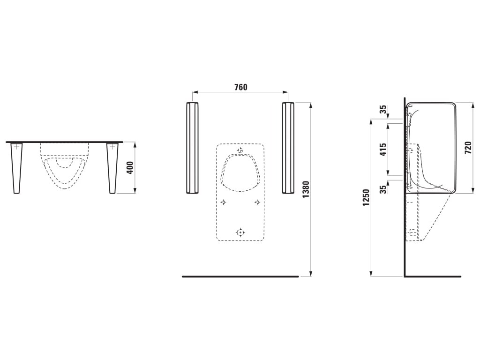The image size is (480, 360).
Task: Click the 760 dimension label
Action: (240, 87)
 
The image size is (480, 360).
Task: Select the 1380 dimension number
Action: (306, 189)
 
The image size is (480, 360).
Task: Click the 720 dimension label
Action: (467, 147)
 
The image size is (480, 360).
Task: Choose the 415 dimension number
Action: (383, 150)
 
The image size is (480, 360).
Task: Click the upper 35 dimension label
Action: (383, 110)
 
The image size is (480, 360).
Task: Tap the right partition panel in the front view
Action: (288, 148)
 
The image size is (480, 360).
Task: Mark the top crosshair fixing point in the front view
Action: (240, 150)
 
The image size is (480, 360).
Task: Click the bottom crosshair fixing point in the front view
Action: (240, 232)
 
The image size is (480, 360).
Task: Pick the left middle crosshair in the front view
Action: (223, 202)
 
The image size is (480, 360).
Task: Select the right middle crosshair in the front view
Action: (257, 202)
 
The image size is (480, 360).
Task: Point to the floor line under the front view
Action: (240, 277)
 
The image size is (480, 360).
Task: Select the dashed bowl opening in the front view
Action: (240, 172)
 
